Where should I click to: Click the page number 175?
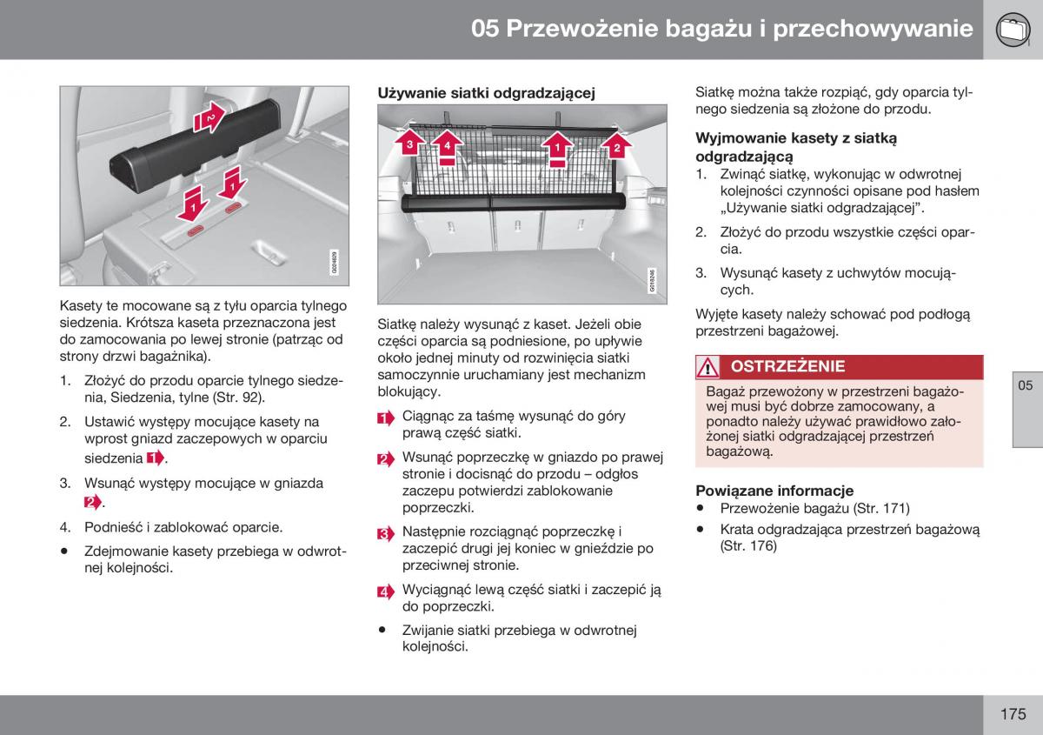point(1013,714)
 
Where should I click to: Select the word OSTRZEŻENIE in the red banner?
point(787,367)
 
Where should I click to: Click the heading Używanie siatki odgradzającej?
point(486,93)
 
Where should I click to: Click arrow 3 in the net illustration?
point(406,144)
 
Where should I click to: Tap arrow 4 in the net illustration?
point(446,145)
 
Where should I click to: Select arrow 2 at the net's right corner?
point(616,145)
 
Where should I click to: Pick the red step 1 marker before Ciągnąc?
point(386,418)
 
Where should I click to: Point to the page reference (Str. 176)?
point(748,546)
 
